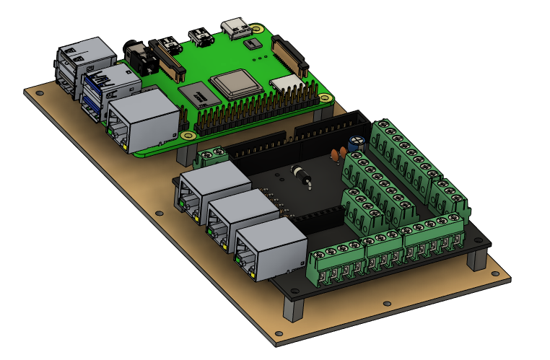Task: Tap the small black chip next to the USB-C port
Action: point(251,45)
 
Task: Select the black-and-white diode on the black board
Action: point(301,174)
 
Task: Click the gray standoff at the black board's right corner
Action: point(477,260)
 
